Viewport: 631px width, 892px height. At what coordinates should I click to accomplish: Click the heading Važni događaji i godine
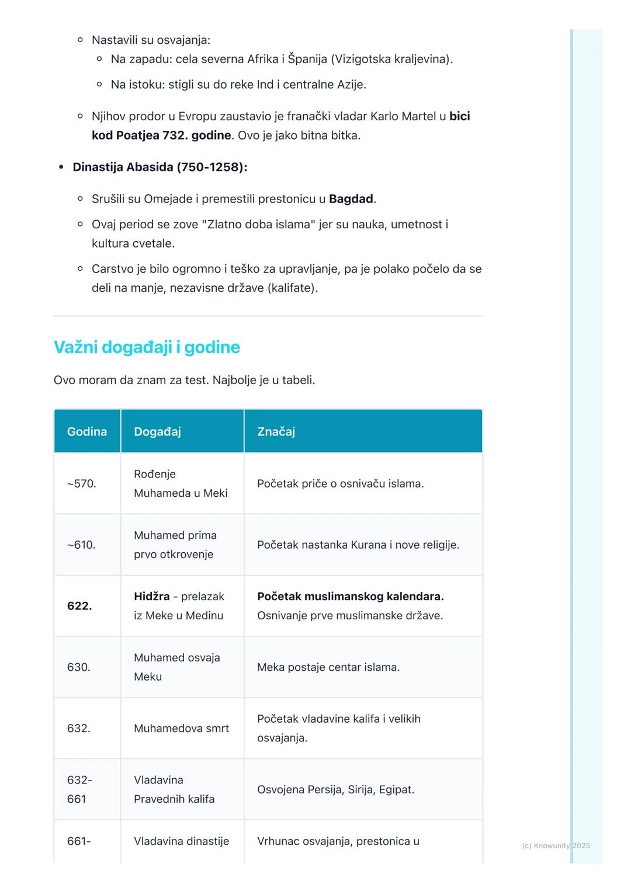[x=147, y=347]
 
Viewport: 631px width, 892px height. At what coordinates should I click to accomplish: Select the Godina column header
[x=87, y=431]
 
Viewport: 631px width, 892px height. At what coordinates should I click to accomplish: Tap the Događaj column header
[x=157, y=431]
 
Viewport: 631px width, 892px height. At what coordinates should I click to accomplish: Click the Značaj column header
[x=276, y=431]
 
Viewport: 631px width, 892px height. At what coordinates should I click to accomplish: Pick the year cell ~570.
[x=82, y=483]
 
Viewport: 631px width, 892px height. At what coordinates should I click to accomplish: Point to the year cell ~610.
[x=81, y=545]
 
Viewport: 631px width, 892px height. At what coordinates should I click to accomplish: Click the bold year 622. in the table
[x=79, y=606]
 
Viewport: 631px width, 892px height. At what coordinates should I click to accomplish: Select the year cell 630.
[x=79, y=667]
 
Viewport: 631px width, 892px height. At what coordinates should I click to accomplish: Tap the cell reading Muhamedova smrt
[x=181, y=728]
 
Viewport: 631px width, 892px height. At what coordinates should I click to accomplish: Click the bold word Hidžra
[x=151, y=596]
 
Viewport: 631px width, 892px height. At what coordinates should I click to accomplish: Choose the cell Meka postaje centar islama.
[x=328, y=667]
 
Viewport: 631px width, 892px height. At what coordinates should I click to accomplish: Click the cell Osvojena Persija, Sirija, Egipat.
[x=335, y=789]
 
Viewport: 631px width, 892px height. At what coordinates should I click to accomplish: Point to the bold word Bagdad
[x=351, y=199]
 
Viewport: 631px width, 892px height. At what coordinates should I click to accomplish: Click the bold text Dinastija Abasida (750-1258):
[x=160, y=167]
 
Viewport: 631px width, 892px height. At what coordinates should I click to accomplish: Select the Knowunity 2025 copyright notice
[x=556, y=845]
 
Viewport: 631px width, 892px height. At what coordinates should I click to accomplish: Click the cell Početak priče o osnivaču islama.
[x=340, y=483]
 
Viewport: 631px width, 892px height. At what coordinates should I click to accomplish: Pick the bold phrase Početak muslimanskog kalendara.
[x=350, y=596]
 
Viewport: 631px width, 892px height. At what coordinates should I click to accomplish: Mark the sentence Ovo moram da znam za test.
[x=131, y=380]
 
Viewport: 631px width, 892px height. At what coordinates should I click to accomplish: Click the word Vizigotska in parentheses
[x=362, y=59]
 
